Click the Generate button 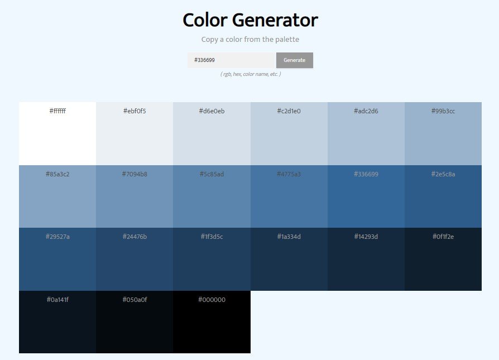point(294,60)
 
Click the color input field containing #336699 point(232,60)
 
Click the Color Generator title point(250,20)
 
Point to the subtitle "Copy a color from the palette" point(250,40)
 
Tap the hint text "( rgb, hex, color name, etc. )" point(250,74)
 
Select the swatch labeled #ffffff point(57,134)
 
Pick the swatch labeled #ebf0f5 point(135,134)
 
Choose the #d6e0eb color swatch point(212,134)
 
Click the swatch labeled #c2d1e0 point(289,134)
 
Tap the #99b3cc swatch point(443,134)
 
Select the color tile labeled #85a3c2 point(57,197)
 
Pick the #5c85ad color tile point(212,197)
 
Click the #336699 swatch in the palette point(366,197)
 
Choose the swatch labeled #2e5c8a point(443,197)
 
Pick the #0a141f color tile point(57,323)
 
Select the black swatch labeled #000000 point(212,323)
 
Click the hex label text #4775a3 point(289,174)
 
